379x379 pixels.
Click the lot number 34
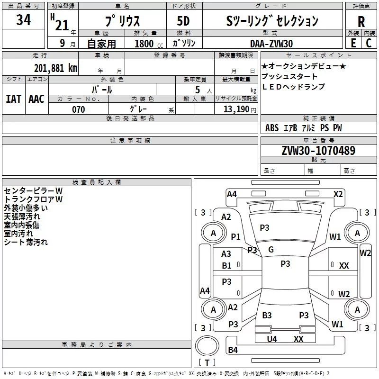click(x=23, y=19)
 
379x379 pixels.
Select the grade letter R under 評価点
click(x=361, y=22)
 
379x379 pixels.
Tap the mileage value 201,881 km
click(x=55, y=68)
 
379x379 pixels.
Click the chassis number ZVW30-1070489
click(x=318, y=150)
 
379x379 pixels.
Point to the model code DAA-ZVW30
click(x=271, y=44)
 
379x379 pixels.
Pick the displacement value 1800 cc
click(x=149, y=44)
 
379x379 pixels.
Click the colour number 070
click(x=79, y=109)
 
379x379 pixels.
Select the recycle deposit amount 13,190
click(x=236, y=109)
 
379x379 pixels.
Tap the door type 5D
click(x=183, y=21)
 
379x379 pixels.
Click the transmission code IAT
click(x=13, y=99)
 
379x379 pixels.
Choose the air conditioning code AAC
click(x=36, y=99)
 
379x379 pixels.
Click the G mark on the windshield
click(x=271, y=250)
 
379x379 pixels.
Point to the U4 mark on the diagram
click(x=272, y=339)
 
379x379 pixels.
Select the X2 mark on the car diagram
click(x=338, y=194)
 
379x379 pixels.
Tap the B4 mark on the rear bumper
click(x=233, y=350)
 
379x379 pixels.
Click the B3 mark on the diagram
click(x=267, y=315)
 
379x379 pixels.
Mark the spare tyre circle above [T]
click(x=207, y=346)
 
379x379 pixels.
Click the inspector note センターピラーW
click(x=33, y=191)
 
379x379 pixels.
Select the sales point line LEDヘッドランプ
click(x=293, y=87)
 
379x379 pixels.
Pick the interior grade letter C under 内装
click(x=369, y=43)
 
